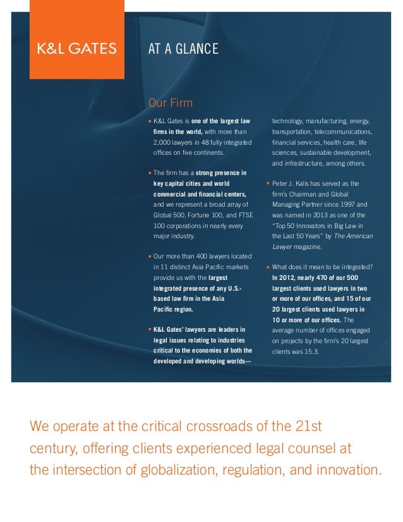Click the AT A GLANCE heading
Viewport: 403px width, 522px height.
tap(183, 49)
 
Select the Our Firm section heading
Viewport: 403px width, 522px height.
tap(170, 103)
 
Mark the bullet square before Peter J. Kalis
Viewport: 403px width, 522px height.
tap(268, 184)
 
